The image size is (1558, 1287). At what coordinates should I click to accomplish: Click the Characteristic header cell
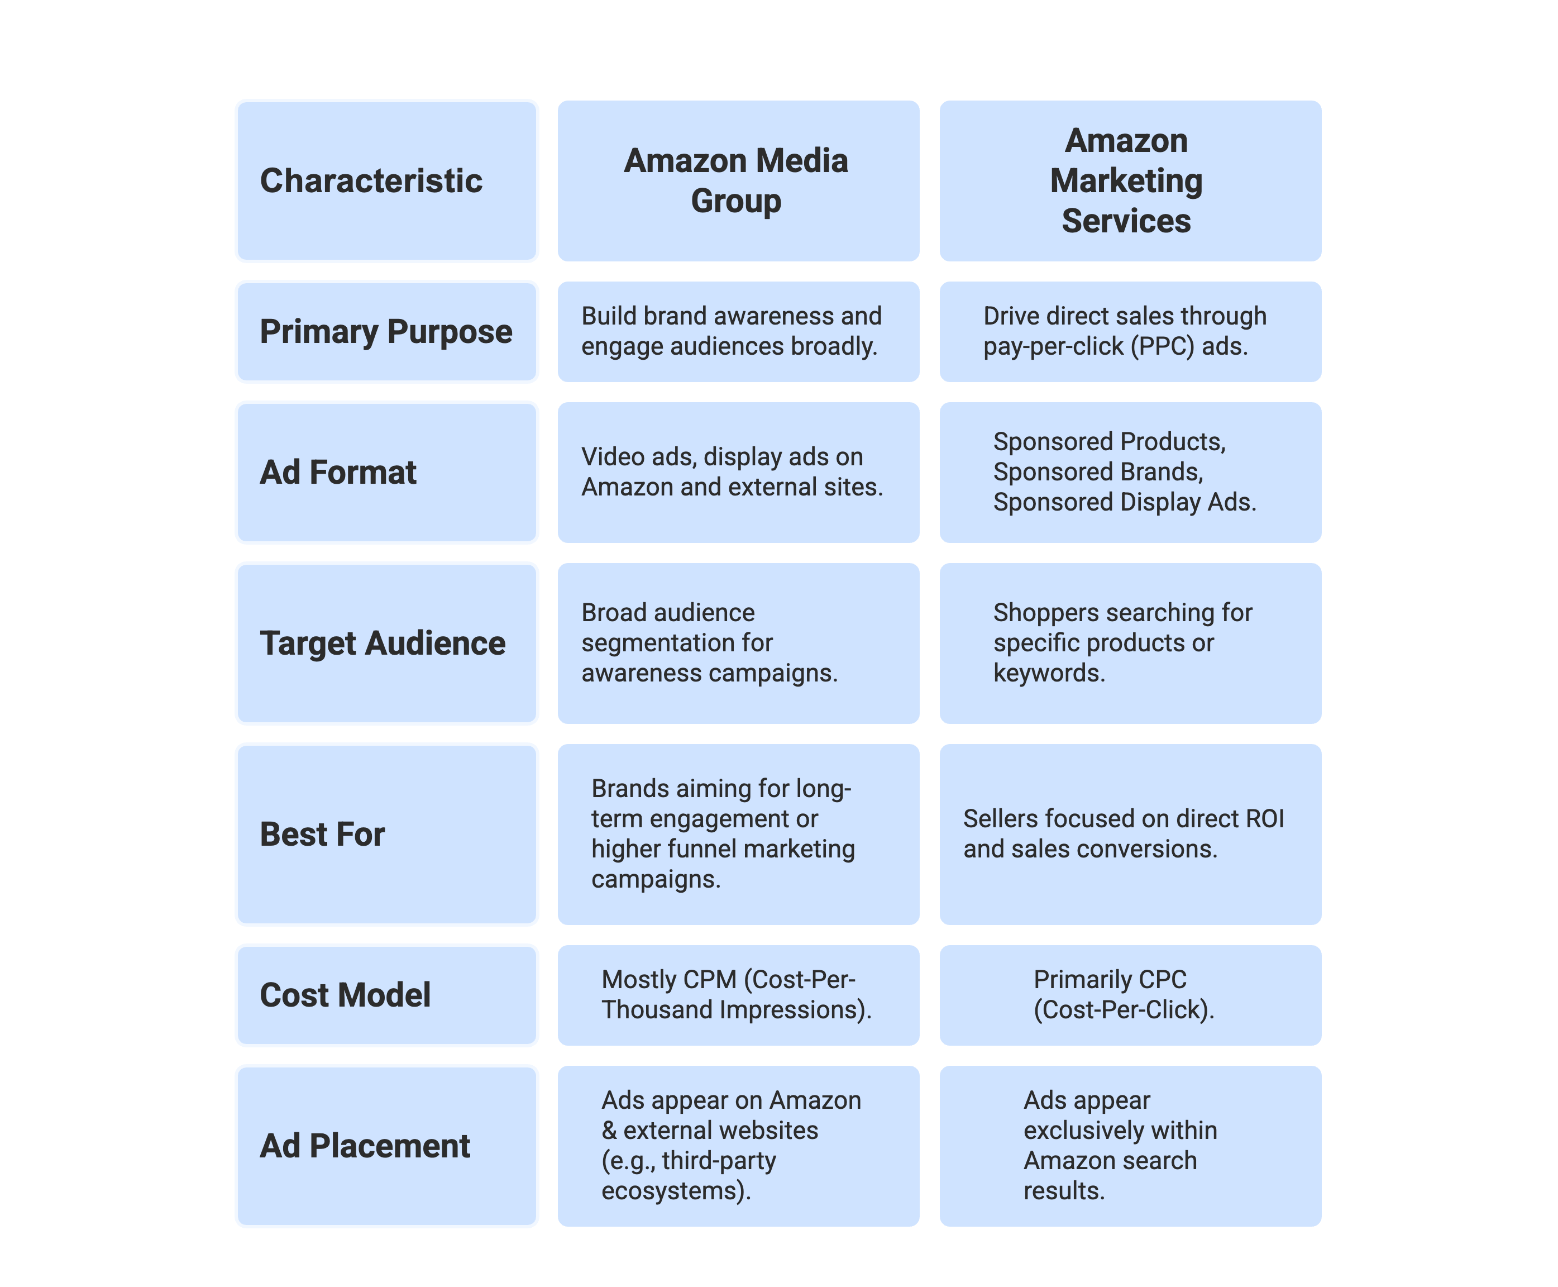(386, 181)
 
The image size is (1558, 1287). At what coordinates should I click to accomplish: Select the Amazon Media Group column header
(738, 181)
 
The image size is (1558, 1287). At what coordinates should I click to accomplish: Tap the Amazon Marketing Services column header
(1130, 181)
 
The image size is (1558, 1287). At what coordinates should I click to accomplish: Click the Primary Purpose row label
(386, 331)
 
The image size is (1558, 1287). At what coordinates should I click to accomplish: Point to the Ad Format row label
(386, 472)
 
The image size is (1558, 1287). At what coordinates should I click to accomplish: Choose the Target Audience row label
(386, 643)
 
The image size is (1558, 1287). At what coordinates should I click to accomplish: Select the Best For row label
(386, 834)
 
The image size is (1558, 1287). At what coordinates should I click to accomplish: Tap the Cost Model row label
(386, 995)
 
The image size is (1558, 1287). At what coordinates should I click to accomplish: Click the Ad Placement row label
(386, 1146)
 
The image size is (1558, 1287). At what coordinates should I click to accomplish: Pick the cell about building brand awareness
(738, 331)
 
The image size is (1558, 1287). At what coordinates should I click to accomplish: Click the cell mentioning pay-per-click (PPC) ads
(1130, 331)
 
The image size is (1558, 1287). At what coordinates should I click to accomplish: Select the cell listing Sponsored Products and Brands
(1130, 472)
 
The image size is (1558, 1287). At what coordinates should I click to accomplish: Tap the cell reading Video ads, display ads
(738, 472)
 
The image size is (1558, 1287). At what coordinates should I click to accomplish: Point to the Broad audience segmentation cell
(738, 643)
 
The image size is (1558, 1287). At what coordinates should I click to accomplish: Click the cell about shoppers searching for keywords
(1130, 643)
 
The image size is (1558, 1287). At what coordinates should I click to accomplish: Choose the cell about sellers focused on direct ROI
(1130, 834)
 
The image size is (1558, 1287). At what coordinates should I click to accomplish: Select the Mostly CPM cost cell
(738, 995)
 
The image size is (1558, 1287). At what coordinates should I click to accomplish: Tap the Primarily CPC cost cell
(1130, 995)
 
